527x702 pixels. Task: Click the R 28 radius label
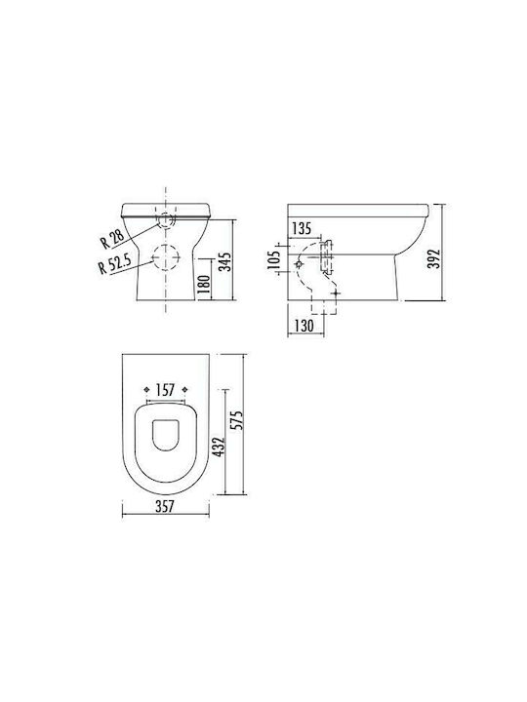click(x=112, y=238)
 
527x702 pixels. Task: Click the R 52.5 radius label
click(x=115, y=263)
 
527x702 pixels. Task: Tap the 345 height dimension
click(x=226, y=262)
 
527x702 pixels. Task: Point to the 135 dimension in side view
click(x=302, y=228)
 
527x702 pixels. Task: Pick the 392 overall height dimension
click(x=433, y=258)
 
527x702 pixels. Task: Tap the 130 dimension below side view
click(x=304, y=326)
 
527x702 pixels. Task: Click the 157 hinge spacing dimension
click(x=165, y=390)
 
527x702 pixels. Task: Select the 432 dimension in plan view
click(x=219, y=447)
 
